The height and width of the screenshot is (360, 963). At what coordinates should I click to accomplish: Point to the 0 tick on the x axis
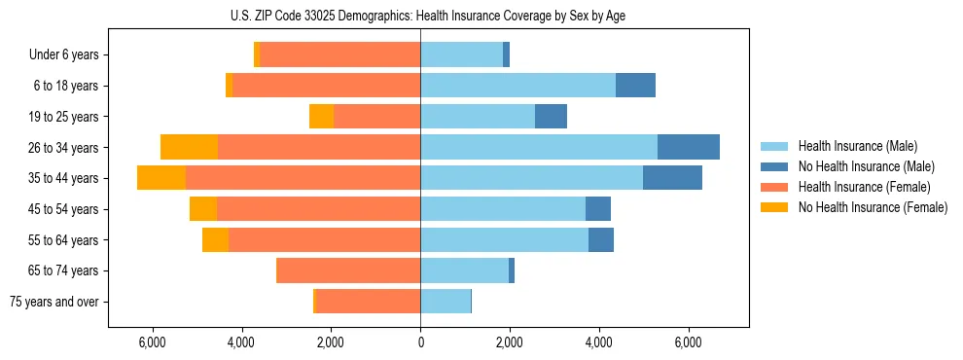tap(420, 342)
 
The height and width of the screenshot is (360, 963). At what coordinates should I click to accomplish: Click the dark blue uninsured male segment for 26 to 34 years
tap(689, 147)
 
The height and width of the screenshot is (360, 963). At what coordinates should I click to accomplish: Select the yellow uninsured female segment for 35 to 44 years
tap(161, 178)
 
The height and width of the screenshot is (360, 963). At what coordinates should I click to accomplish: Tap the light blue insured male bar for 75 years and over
tap(446, 302)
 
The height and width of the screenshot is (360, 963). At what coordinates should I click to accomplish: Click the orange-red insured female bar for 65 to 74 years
tap(349, 270)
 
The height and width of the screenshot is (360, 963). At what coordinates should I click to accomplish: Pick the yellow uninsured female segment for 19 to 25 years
tap(321, 117)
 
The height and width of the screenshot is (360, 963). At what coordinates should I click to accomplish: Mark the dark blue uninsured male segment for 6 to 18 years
tap(635, 86)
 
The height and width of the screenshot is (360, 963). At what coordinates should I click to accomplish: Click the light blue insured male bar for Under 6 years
tap(461, 54)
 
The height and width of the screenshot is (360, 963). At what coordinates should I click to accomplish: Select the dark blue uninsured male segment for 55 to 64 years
tap(601, 240)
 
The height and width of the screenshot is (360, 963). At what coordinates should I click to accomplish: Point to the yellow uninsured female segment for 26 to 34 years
tap(189, 147)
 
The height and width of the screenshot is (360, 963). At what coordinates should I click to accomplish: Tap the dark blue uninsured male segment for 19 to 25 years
tap(551, 117)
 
